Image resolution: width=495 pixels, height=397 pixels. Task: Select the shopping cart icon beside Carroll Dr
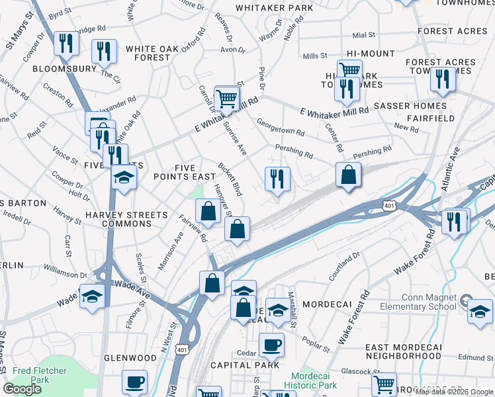coord(226,99)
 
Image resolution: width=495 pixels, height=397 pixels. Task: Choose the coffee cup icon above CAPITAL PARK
coord(271,344)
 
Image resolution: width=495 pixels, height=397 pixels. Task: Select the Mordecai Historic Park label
coord(310,380)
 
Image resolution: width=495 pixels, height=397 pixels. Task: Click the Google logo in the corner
coord(22,389)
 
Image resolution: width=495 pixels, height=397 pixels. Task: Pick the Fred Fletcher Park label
coord(31,376)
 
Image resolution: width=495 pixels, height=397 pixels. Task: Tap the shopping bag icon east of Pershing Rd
coord(348,175)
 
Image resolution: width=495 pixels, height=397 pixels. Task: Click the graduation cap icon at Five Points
coord(123,177)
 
